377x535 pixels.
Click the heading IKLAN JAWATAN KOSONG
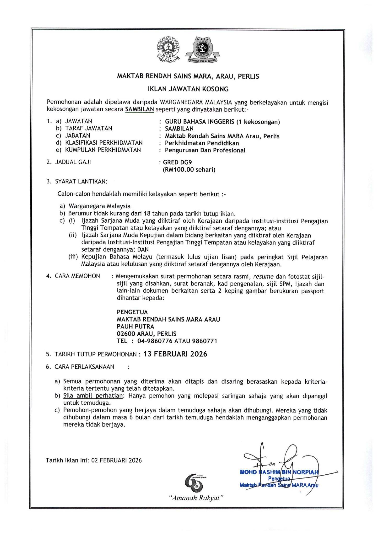188,89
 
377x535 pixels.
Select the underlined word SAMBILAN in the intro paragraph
139,109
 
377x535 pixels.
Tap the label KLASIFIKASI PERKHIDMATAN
104,143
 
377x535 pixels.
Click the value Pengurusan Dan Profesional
205,150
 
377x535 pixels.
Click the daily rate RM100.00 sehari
189,170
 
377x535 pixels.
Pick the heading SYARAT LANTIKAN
81,181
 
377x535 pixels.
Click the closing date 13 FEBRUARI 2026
175,354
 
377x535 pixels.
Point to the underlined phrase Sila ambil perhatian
93,396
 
